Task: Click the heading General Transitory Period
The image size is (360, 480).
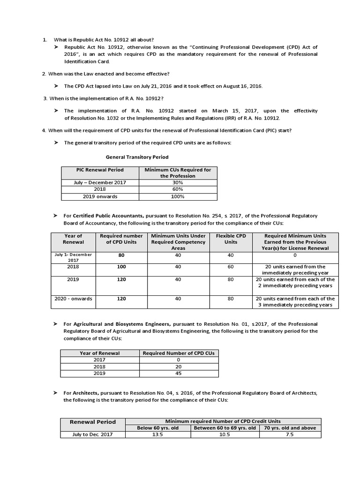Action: click(137, 157)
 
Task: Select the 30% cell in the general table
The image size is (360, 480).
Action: click(178, 182)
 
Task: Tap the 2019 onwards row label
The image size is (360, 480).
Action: click(100, 196)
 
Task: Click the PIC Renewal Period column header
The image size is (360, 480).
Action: click(100, 170)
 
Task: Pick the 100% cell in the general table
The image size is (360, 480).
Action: click(178, 196)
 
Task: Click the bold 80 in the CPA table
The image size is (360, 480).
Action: click(121, 255)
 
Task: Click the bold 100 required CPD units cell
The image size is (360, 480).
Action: click(121, 266)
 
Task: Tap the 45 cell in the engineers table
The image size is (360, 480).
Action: click(179, 373)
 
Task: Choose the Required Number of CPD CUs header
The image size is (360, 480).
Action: click(179, 353)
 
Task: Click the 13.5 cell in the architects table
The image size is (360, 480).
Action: click(158, 435)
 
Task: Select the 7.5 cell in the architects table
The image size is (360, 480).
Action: click(290, 435)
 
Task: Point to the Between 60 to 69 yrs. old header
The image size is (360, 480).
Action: click(225, 427)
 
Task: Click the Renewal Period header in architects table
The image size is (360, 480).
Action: click(92, 422)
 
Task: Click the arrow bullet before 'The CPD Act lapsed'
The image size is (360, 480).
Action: click(56, 86)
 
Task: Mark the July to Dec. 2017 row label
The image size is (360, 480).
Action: click(92, 435)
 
